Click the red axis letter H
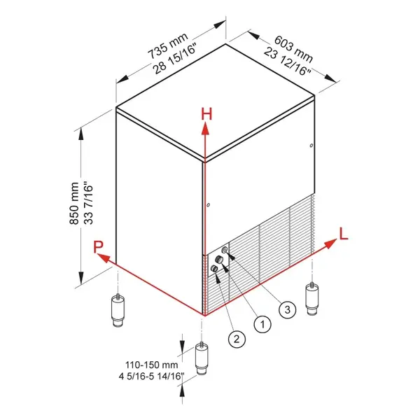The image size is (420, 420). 206,113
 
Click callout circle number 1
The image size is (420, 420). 262,323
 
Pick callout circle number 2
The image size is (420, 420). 237,339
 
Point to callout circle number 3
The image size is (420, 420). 286,308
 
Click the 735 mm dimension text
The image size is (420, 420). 164,52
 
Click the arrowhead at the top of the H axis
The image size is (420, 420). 205,127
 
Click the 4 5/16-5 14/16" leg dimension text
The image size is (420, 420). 149,377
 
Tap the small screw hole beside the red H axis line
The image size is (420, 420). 209,204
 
